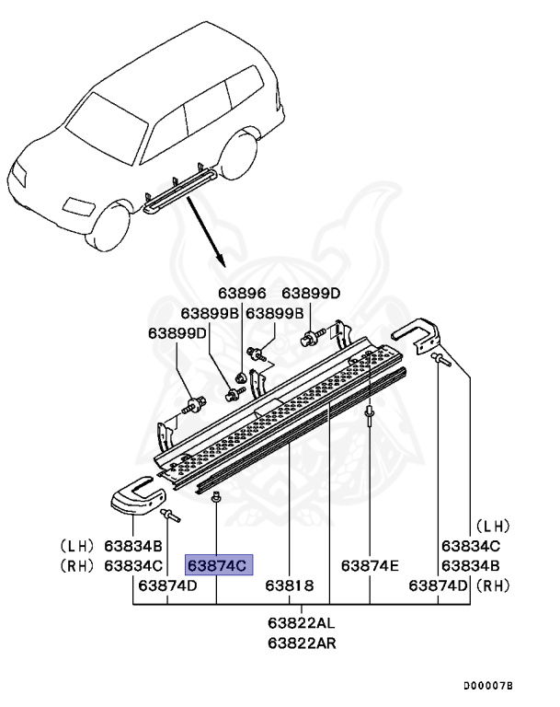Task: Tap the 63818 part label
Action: [290, 585]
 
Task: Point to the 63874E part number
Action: [370, 565]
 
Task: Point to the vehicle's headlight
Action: [23, 171]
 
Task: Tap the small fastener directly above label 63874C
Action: [214, 498]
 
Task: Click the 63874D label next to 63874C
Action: [167, 585]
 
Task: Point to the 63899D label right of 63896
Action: [311, 294]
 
